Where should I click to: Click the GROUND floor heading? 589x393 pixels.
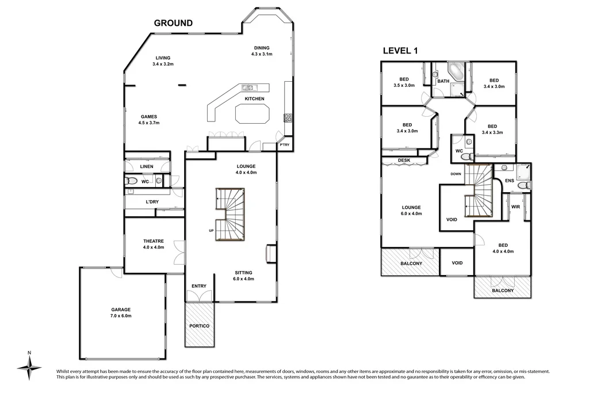point(173,23)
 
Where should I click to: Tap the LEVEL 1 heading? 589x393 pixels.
point(400,51)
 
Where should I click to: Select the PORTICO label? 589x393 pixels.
point(199,326)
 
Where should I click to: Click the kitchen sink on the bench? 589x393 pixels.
point(249,88)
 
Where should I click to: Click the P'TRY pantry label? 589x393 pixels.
point(284,145)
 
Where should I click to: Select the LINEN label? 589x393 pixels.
point(147,167)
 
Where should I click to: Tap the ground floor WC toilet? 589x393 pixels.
point(132,181)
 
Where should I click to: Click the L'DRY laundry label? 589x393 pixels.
point(152,202)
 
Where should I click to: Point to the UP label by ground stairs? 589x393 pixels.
point(211,231)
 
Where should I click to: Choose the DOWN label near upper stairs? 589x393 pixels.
point(456,174)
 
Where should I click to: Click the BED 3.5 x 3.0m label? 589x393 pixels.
point(404,82)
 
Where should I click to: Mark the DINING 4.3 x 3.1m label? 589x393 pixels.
point(261,51)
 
